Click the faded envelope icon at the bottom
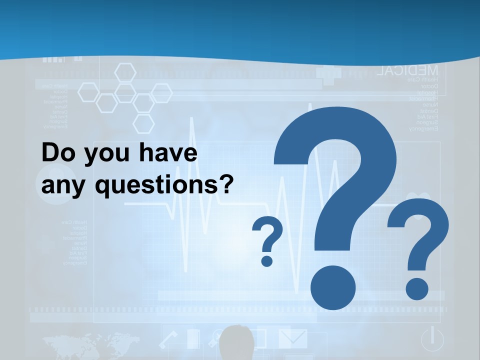pyautogui.click(x=293, y=338)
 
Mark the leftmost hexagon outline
pyautogui.click(x=88, y=92)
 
